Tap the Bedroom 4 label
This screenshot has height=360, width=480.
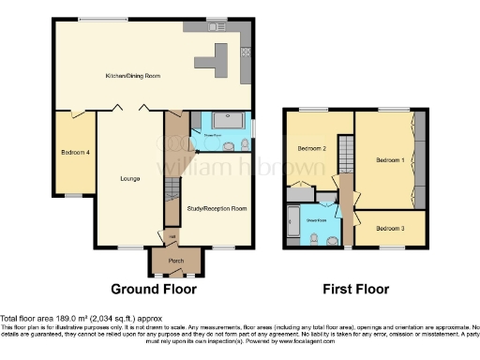click(75, 153)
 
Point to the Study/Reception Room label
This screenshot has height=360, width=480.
click(217, 208)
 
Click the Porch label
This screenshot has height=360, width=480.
click(174, 261)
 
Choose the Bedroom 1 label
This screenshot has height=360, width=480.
click(390, 160)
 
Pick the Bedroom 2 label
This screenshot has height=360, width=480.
click(311, 148)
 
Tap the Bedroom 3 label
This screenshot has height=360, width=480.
click(392, 228)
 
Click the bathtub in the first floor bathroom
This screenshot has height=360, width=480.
click(293, 222)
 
